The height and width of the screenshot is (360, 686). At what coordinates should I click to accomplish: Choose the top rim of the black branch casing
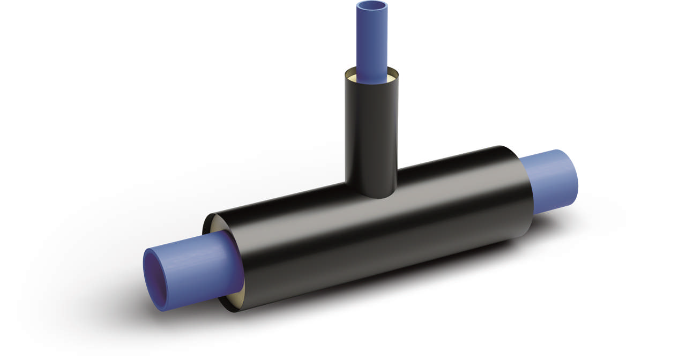[x=371, y=69]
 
